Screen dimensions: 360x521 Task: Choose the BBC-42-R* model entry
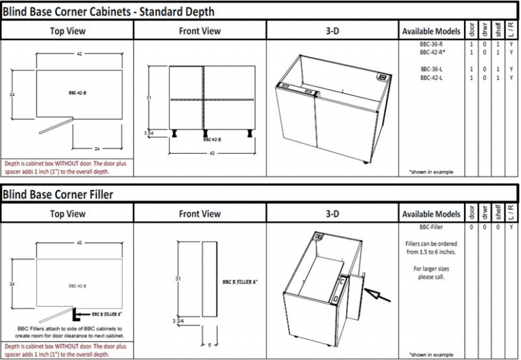click(431, 52)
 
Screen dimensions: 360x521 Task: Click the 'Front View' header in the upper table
click(199, 31)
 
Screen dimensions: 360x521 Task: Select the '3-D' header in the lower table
click(332, 214)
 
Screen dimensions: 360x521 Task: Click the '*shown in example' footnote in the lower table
click(431, 355)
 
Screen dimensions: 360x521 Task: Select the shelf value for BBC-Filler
click(498, 226)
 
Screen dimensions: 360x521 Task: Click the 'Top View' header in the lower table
click(66, 214)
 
